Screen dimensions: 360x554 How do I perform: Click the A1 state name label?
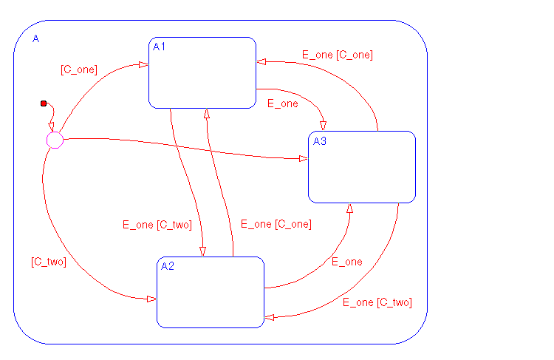coord(159,47)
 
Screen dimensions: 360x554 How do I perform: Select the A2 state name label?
coord(168,267)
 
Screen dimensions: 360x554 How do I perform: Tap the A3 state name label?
coord(320,141)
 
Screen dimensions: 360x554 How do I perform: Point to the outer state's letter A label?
coord(35,38)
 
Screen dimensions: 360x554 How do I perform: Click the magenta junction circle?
coord(55,140)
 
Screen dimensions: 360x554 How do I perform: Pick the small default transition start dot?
coord(44,103)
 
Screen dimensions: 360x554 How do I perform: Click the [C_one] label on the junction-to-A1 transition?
coord(78,70)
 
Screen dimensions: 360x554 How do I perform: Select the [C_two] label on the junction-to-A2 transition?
coord(49,262)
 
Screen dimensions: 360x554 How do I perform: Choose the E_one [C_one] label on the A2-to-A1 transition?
coord(276,224)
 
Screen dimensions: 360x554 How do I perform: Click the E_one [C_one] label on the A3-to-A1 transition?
coord(337,55)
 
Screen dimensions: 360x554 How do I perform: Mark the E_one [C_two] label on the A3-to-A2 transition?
coord(377,302)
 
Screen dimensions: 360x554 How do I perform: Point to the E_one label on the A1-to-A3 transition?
coord(282,103)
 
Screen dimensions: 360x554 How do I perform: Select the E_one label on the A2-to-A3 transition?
coord(346,262)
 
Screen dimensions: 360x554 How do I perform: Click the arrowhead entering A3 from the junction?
coord(303,159)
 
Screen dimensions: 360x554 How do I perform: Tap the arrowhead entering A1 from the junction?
coord(143,65)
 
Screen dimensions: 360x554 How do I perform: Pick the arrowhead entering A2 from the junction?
coord(151,299)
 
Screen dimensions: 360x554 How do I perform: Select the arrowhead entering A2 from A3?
coord(270,317)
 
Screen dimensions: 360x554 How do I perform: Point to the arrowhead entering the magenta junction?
coord(52,128)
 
